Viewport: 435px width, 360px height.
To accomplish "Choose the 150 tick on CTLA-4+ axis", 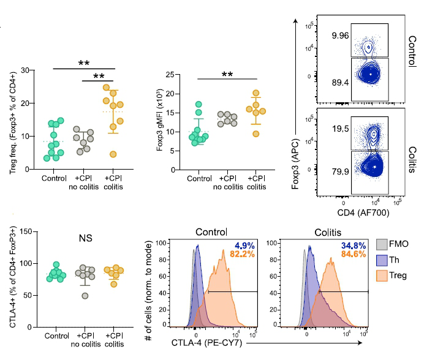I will pos(25,231).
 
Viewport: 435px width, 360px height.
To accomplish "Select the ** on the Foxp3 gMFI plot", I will pos(227,75).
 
